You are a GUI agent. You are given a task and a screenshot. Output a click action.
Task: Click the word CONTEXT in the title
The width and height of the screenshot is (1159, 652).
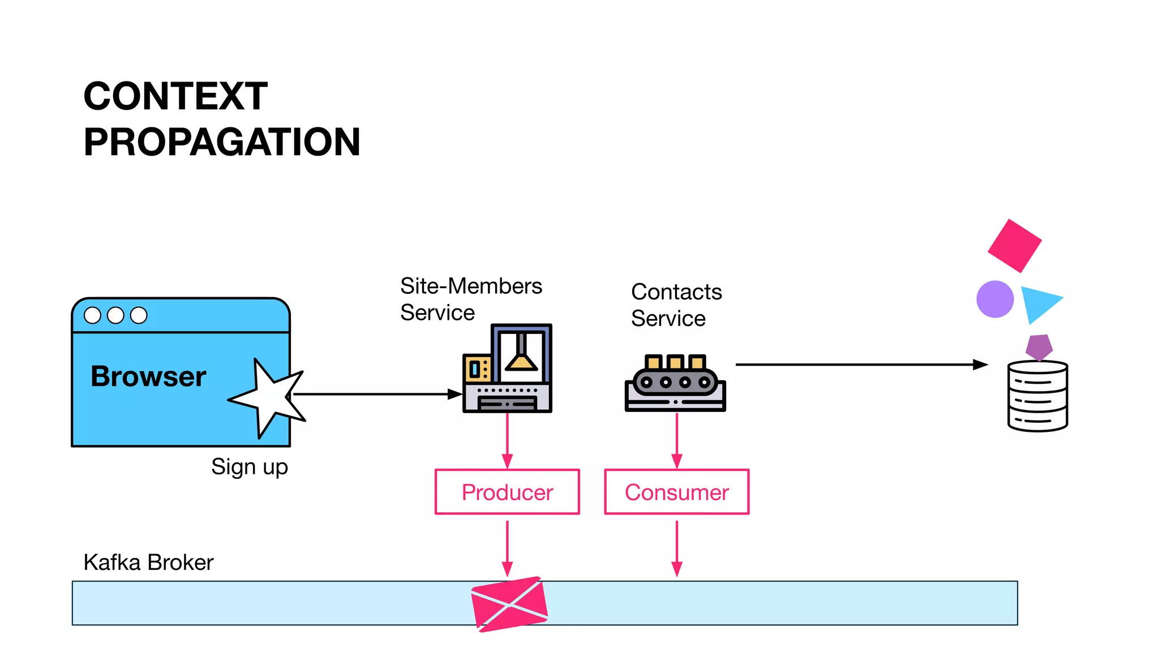pos(175,96)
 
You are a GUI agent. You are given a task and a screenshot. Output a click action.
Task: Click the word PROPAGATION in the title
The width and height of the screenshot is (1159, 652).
pos(222,142)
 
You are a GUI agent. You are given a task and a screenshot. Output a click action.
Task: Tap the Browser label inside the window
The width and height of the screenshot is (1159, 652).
pos(148,376)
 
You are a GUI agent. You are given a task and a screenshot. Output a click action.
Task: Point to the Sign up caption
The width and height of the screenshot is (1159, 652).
pos(250,467)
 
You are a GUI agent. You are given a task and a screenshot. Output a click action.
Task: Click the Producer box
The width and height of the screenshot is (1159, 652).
pos(507,492)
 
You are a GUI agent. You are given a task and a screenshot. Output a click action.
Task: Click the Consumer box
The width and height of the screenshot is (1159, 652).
pos(677,492)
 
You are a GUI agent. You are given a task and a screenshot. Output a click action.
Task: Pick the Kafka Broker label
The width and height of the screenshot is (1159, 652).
pos(148,563)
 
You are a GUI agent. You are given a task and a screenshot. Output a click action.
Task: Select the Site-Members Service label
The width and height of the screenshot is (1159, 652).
pos(471,299)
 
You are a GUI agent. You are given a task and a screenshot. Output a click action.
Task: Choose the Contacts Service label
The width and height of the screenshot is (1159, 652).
pos(676,305)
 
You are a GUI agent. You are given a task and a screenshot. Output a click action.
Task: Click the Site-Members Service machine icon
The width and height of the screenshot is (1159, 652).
pos(507,368)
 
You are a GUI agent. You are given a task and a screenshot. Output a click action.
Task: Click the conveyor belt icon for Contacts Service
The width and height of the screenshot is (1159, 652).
pos(675,383)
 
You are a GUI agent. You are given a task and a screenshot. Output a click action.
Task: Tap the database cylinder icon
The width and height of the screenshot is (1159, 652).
pos(1037,396)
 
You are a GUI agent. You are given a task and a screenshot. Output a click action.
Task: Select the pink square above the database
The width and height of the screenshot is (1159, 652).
pos(1015,246)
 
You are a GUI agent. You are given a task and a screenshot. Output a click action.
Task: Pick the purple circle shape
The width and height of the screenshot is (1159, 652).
pos(995,299)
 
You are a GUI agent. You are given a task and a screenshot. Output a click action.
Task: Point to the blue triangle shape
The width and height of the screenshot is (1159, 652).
pos(1038,303)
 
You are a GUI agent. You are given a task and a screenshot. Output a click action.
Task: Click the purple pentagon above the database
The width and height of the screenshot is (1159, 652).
pos(1039,346)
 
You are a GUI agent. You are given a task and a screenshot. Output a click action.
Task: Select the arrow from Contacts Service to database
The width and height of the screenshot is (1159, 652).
pos(860,365)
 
